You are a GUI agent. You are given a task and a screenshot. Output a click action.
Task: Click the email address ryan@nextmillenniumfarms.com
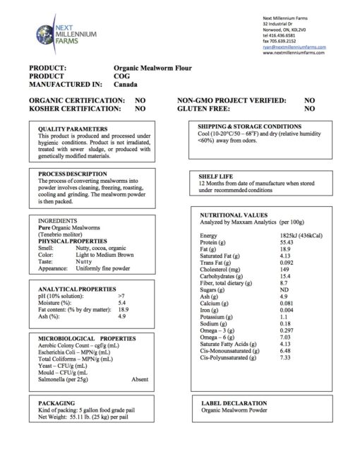293,47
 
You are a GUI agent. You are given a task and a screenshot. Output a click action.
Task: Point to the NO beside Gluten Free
309,109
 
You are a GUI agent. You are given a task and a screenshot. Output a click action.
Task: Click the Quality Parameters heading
72,129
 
